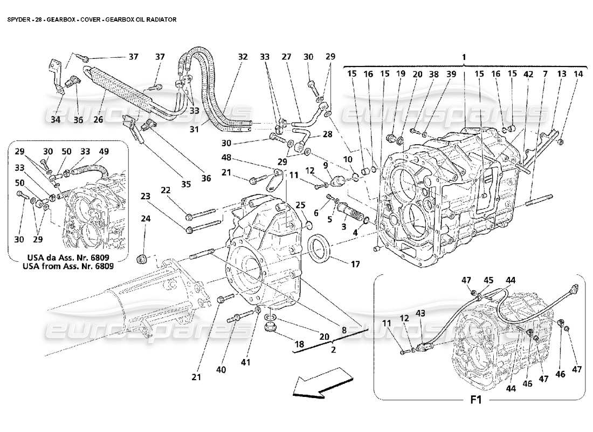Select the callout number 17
[x=355, y=264]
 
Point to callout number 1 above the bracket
[x=465, y=56]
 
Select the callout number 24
[x=144, y=219]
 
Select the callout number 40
[x=221, y=369]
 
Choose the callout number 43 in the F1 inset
[x=420, y=314]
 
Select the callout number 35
[x=186, y=184]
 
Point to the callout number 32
[x=243, y=57]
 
